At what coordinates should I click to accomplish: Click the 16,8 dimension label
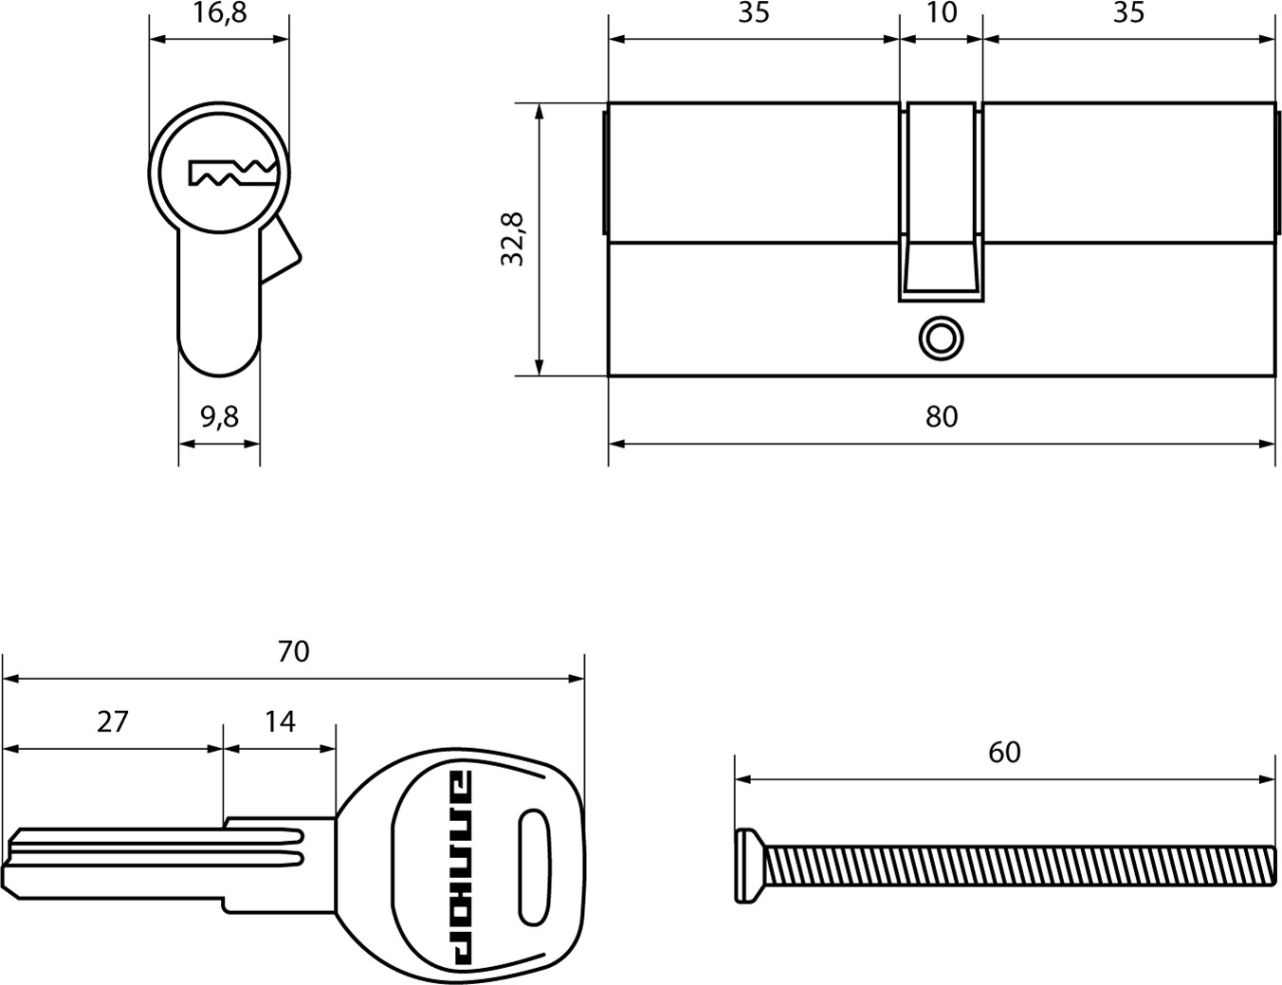pos(219,13)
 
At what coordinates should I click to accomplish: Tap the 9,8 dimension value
pos(219,417)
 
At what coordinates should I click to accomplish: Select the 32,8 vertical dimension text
pos(512,239)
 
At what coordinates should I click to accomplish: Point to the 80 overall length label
pos(942,416)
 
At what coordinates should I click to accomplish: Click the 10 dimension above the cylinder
pos(942,13)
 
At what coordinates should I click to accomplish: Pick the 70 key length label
pos(293,651)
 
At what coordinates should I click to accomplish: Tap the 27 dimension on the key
pos(113,721)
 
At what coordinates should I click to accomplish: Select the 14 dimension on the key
pos(280,721)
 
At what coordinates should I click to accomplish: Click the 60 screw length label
pos(1005,752)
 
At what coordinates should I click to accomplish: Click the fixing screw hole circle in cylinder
pos(941,339)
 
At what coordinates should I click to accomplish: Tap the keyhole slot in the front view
pos(232,173)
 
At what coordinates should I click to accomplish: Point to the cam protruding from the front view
pos(280,249)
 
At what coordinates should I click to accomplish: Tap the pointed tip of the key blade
pos(5,873)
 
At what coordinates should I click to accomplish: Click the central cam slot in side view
pos(941,202)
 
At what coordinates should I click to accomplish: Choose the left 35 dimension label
pos(754,13)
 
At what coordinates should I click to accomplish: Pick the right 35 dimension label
pos(1129,13)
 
